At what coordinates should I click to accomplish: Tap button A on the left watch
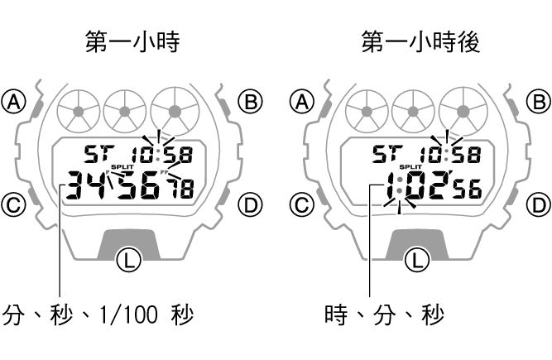pos(14,102)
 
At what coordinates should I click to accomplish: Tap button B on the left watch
pos(250,102)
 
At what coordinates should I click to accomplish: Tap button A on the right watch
pos(303,102)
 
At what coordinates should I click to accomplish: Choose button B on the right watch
pos(539,102)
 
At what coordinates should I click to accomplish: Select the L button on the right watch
pos(419,261)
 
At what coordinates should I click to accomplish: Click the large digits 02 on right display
pos(429,189)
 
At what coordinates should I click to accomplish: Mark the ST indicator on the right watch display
pos(386,154)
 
